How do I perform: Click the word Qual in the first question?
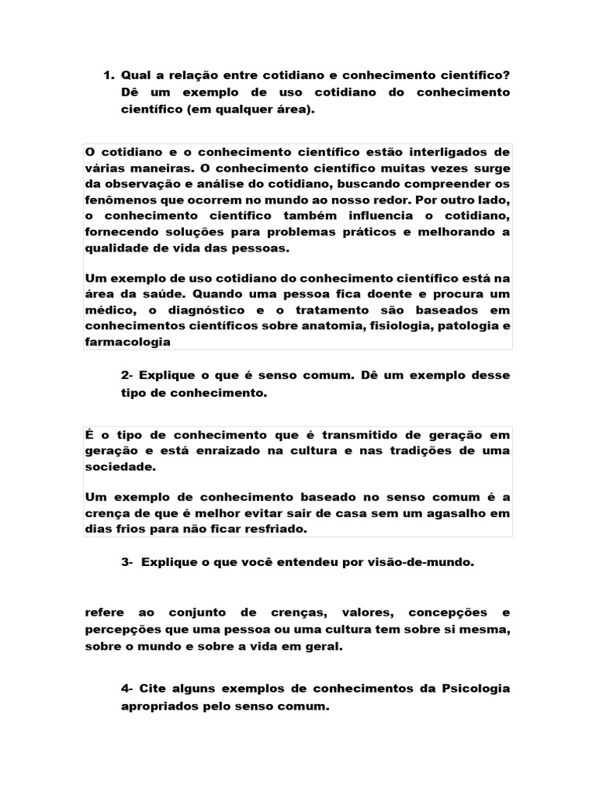pyautogui.click(x=137, y=75)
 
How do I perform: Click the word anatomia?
pyautogui.click(x=334, y=327)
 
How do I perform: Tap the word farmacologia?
pyautogui.click(x=126, y=343)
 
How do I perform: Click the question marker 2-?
pyautogui.click(x=128, y=376)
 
